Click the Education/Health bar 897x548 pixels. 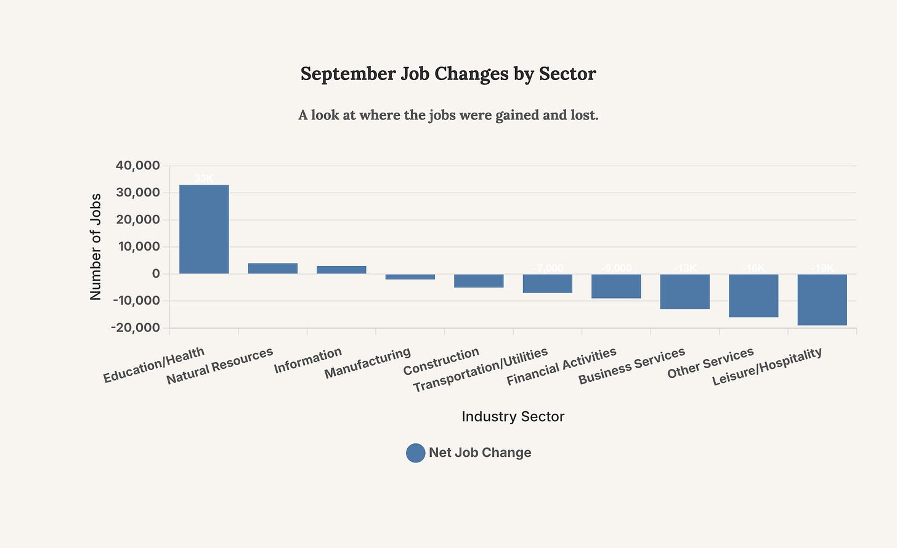204,229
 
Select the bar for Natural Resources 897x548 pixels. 273,268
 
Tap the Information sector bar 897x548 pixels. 341,270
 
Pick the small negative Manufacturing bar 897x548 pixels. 410,276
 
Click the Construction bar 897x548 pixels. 479,281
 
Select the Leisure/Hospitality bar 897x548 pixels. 822,299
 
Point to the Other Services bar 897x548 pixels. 753,296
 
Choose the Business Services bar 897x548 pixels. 684,291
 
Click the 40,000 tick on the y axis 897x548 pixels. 137,166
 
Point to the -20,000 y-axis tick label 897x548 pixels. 136,328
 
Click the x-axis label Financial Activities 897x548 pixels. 561,366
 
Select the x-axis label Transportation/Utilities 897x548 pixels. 480,370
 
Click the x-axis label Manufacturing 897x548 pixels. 367,363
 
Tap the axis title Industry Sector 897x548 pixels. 513,416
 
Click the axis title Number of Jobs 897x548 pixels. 95,246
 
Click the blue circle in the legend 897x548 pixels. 416,453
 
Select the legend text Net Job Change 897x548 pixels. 480,453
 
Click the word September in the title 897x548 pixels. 348,74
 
